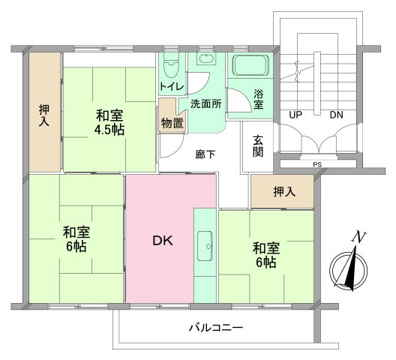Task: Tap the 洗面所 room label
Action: pos(205,104)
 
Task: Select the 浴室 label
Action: pos(258,99)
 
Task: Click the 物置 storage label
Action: pos(172,122)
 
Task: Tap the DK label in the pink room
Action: pos(163,241)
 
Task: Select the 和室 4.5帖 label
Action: pos(110,122)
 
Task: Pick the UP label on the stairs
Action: pos(297,115)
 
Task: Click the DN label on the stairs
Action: pos(336,115)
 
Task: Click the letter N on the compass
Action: pos(360,238)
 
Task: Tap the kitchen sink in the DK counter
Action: pos(205,241)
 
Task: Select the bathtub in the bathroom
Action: pos(250,68)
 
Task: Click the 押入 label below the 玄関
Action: pos(284,192)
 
